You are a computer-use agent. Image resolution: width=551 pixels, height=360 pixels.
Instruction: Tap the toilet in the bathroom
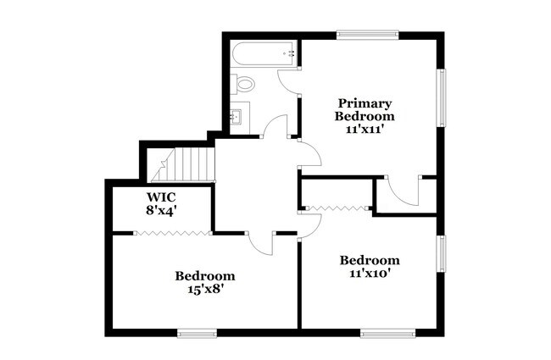(x=245, y=84)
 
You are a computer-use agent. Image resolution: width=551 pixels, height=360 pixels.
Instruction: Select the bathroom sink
(x=237, y=115)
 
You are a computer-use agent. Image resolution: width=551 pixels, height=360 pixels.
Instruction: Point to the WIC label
(x=162, y=197)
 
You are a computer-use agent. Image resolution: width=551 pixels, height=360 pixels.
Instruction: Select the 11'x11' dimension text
(x=365, y=130)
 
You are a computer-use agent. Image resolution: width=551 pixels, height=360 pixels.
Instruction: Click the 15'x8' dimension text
(x=204, y=289)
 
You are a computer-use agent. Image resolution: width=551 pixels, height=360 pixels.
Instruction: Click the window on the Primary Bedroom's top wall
(x=366, y=35)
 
